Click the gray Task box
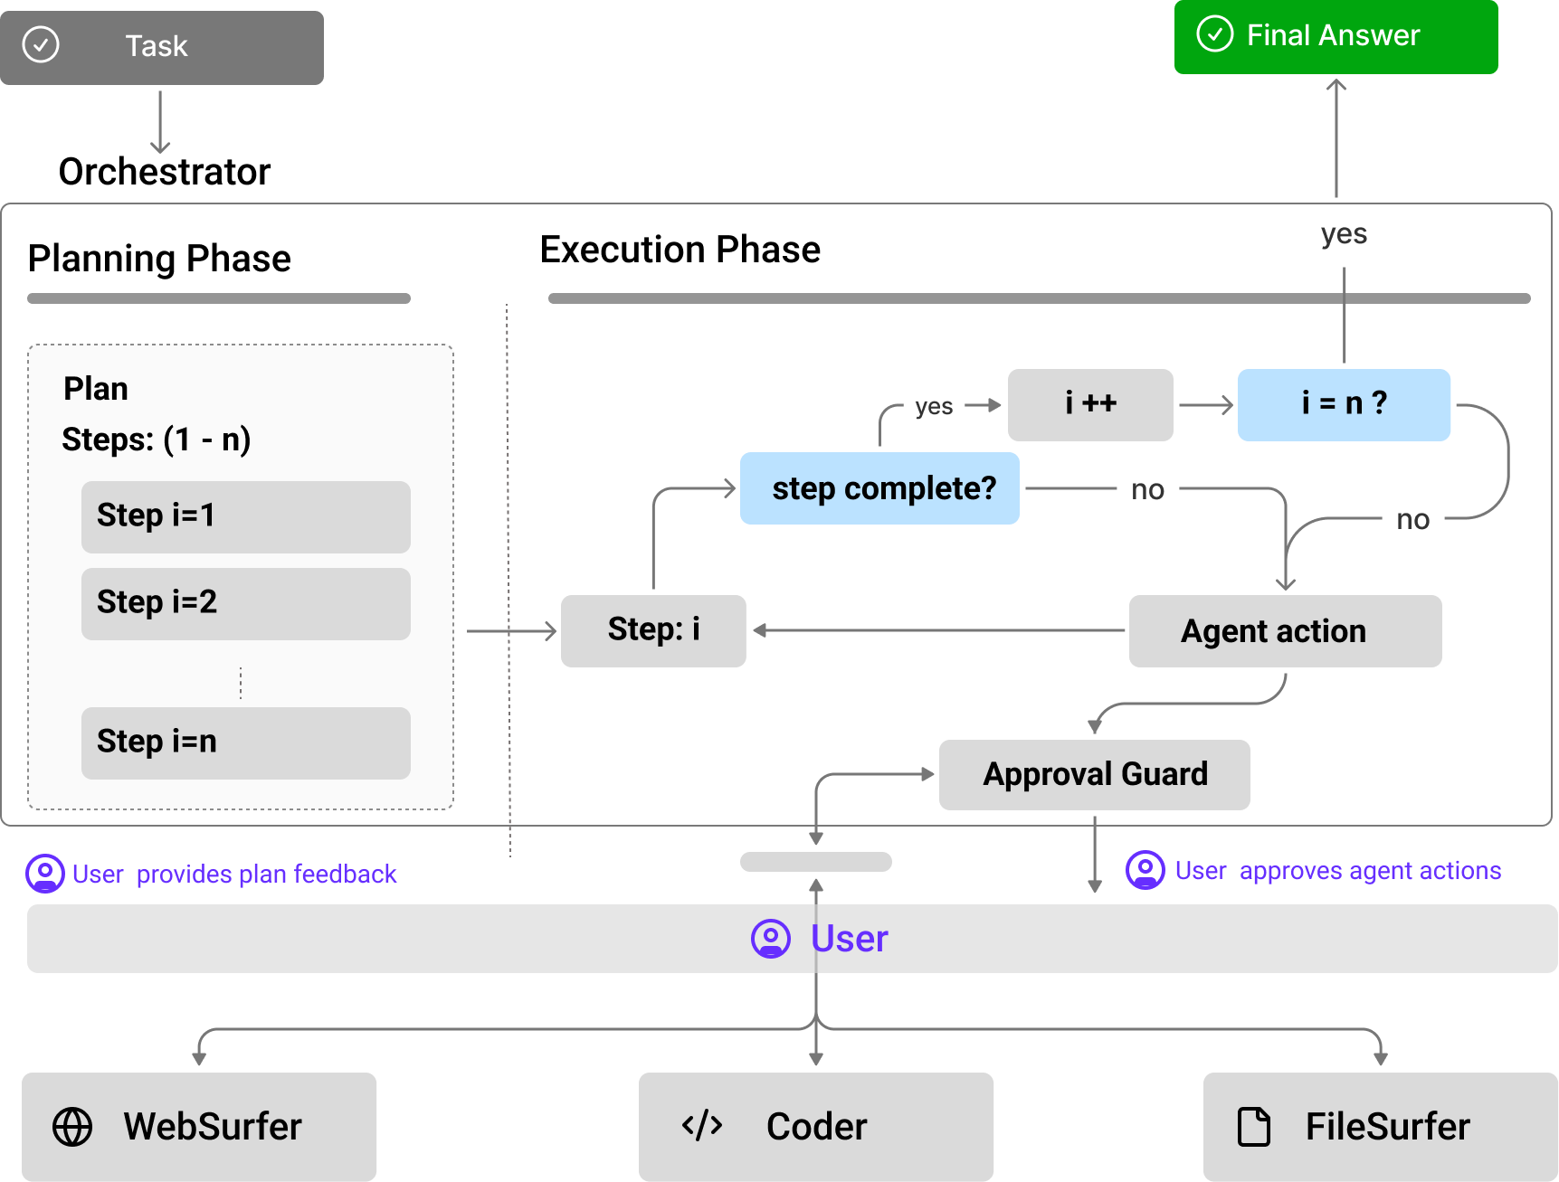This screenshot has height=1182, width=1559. click(x=161, y=47)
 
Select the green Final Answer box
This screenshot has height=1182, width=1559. click(x=1336, y=37)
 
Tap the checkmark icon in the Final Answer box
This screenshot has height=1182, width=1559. click(x=1214, y=34)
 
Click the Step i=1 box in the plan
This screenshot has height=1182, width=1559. click(x=245, y=516)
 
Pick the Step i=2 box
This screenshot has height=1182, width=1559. click(x=245, y=603)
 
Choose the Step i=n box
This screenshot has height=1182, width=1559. click(x=245, y=742)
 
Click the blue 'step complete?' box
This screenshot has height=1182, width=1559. click(x=879, y=488)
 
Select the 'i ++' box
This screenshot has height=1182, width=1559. click(x=1090, y=404)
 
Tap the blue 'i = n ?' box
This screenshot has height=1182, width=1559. click(x=1344, y=404)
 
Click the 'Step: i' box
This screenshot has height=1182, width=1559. click(x=653, y=630)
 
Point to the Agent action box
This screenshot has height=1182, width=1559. click(x=1285, y=630)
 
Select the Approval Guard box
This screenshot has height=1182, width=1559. click(x=1094, y=774)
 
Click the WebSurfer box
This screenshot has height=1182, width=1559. click(x=199, y=1126)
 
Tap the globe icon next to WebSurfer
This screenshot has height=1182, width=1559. click(x=72, y=1127)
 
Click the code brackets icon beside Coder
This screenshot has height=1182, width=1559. click(x=702, y=1125)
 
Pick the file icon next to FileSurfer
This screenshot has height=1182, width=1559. click(x=1253, y=1127)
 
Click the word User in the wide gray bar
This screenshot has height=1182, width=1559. click(x=849, y=939)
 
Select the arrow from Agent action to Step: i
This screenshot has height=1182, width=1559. click(x=941, y=630)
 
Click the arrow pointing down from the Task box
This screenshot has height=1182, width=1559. click(x=160, y=122)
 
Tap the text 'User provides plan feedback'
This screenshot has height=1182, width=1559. click(x=233, y=874)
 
